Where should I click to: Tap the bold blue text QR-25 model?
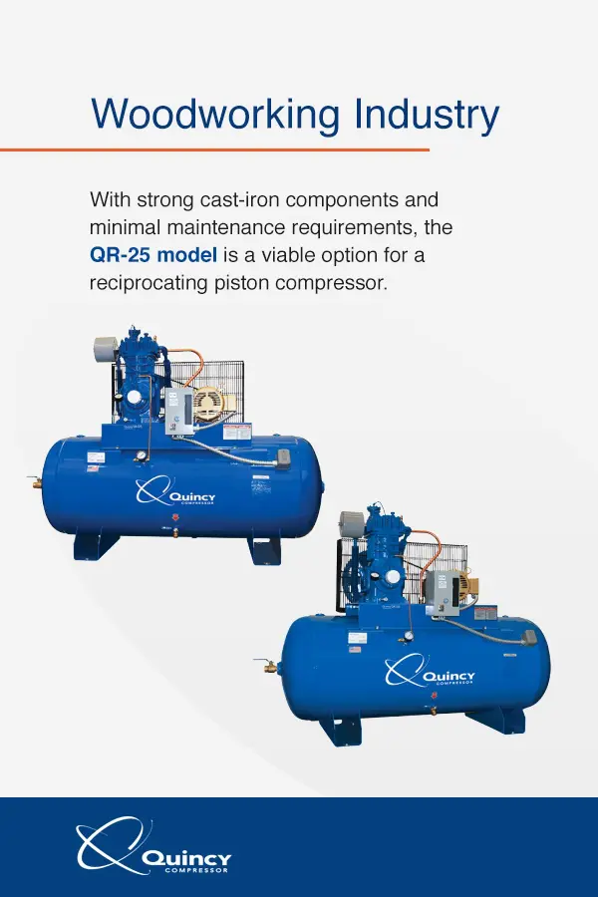pyautogui.click(x=151, y=255)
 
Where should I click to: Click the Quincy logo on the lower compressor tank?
pyautogui.click(x=430, y=673)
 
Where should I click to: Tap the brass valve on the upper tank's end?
pyautogui.click(x=36, y=483)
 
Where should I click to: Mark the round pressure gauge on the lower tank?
pyautogui.click(x=407, y=635)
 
